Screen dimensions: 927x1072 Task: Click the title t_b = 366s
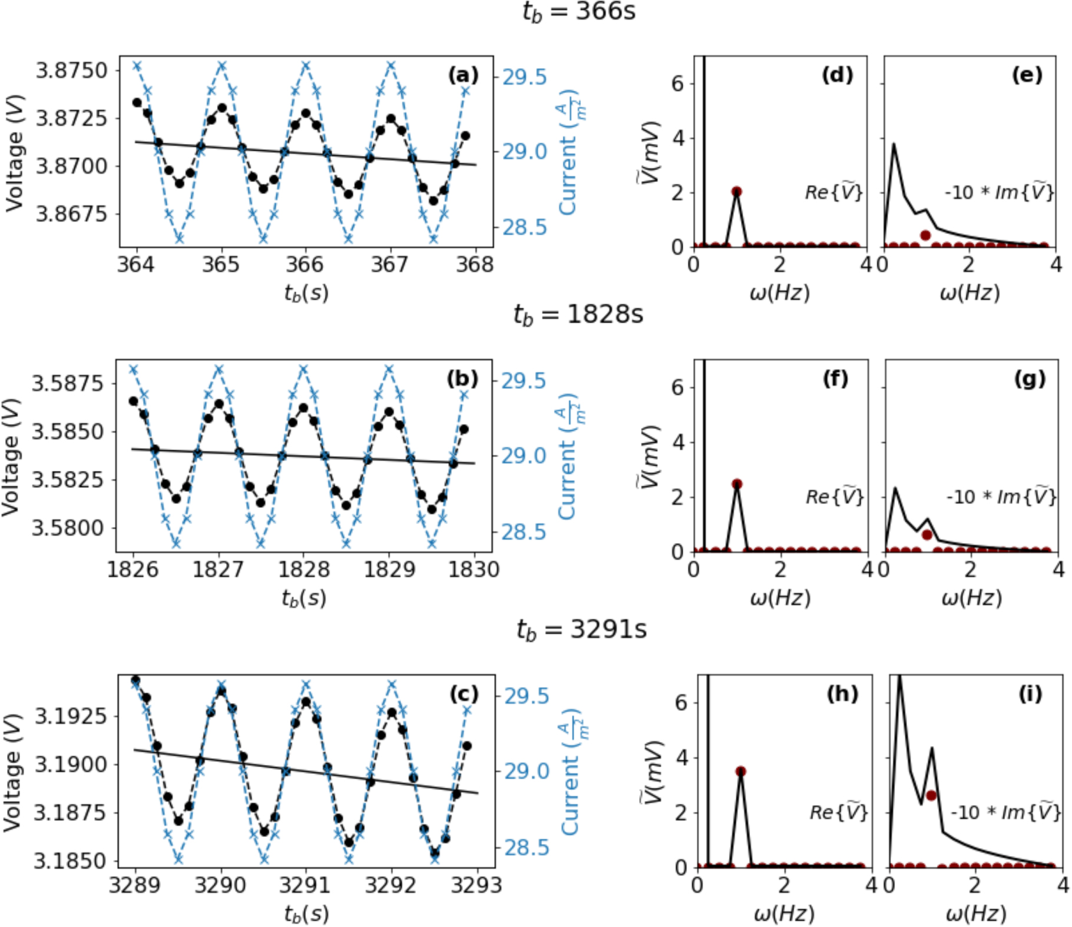coord(578,12)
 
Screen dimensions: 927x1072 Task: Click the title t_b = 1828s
coord(578,314)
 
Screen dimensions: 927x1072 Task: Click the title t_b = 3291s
coord(581,630)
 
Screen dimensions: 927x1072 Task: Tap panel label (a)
coord(463,75)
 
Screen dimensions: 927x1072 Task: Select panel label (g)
coord(1030,379)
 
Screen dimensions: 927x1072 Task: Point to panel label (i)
coord(1030,695)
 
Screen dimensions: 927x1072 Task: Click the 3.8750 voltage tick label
coord(72,71)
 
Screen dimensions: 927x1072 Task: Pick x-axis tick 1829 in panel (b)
coord(389,569)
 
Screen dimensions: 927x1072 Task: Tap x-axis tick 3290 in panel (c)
coord(221,885)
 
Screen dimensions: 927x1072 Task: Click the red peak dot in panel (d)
coord(736,192)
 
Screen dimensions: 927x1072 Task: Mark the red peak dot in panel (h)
coord(741,771)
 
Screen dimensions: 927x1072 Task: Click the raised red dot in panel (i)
coord(931,795)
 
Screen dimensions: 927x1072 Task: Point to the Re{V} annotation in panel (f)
coord(835,497)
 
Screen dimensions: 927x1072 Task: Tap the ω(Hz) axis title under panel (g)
coord(971,599)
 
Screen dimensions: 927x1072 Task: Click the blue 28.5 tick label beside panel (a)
coord(524,227)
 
